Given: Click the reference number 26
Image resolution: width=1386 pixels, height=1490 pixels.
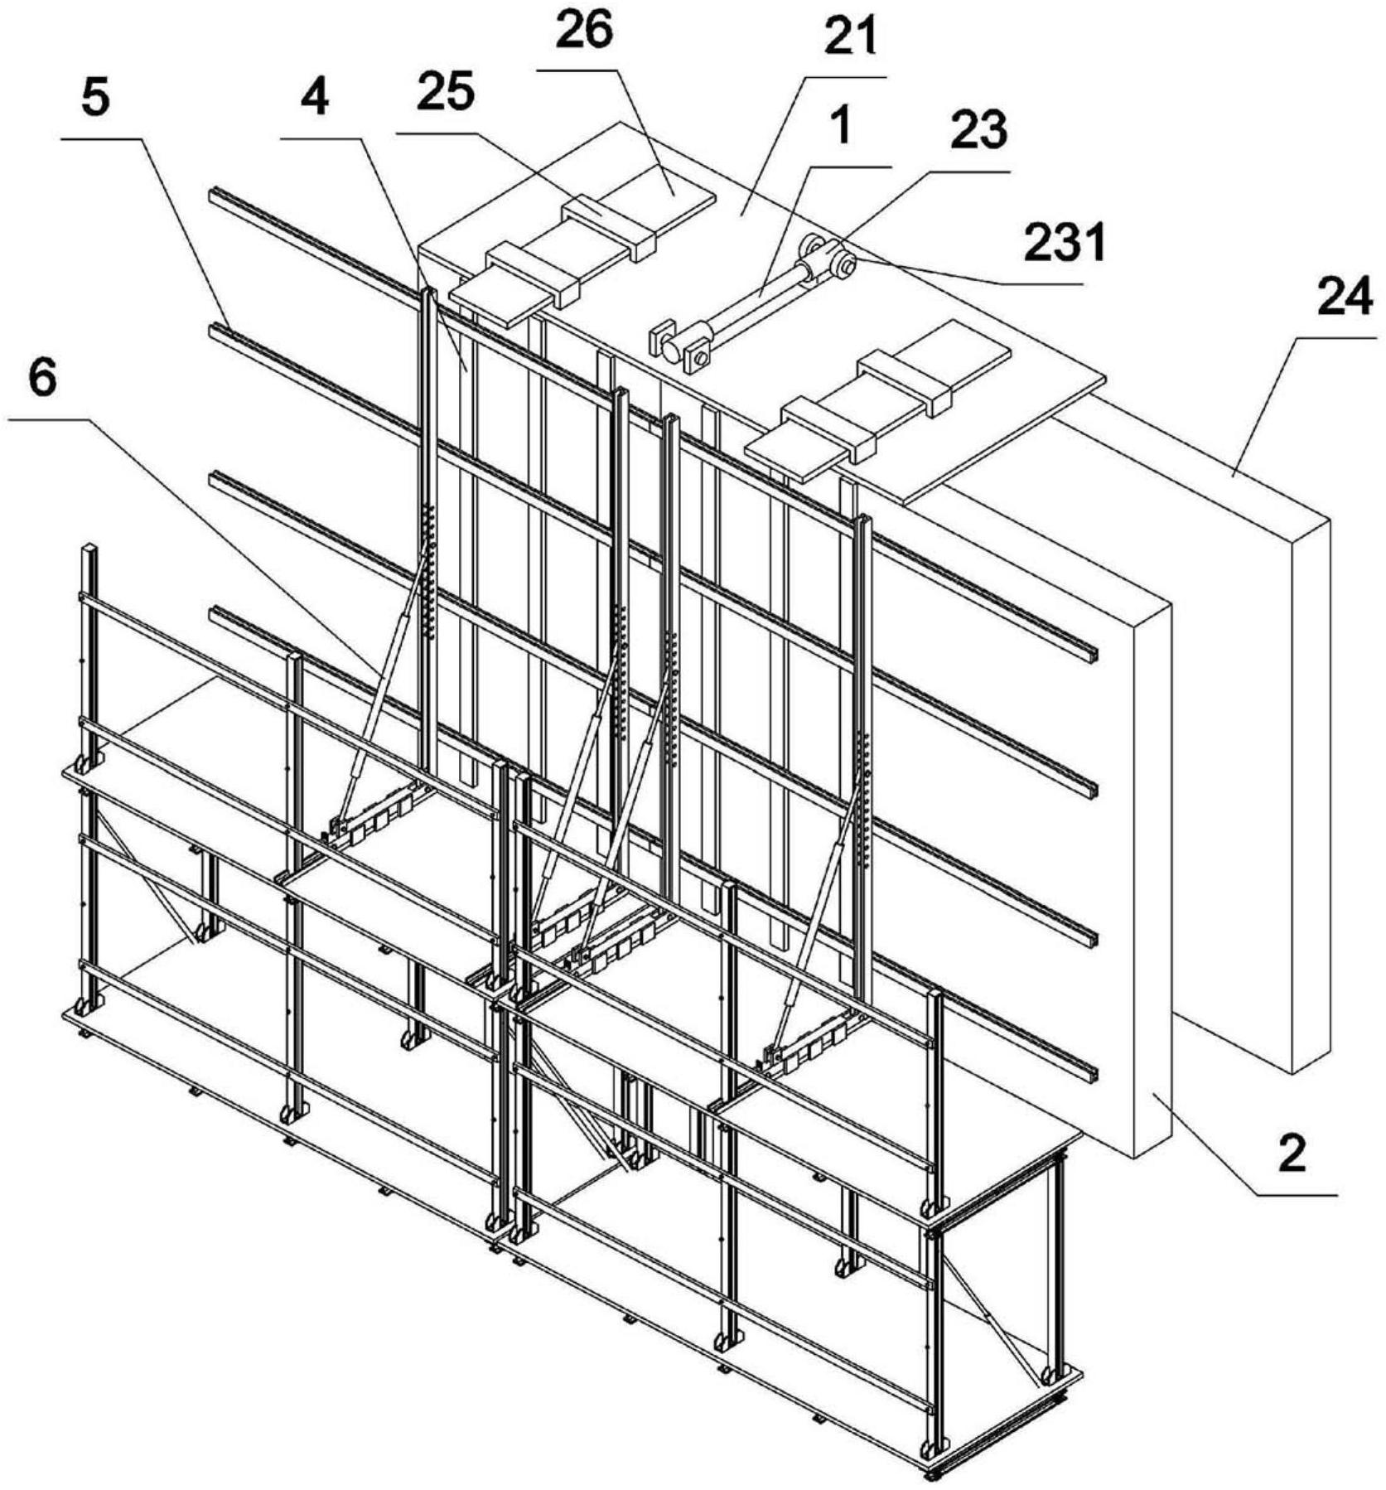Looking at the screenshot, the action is click(x=584, y=30).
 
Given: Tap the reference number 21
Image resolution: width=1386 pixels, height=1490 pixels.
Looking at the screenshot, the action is click(x=850, y=37).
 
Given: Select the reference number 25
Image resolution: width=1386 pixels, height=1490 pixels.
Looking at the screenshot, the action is click(x=446, y=92).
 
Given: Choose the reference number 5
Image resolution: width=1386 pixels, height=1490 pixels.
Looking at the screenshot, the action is click(x=96, y=99).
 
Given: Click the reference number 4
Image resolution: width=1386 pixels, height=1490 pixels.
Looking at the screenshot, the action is click(x=315, y=99).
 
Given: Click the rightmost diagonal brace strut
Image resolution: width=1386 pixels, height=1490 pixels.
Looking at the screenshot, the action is click(x=815, y=917).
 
